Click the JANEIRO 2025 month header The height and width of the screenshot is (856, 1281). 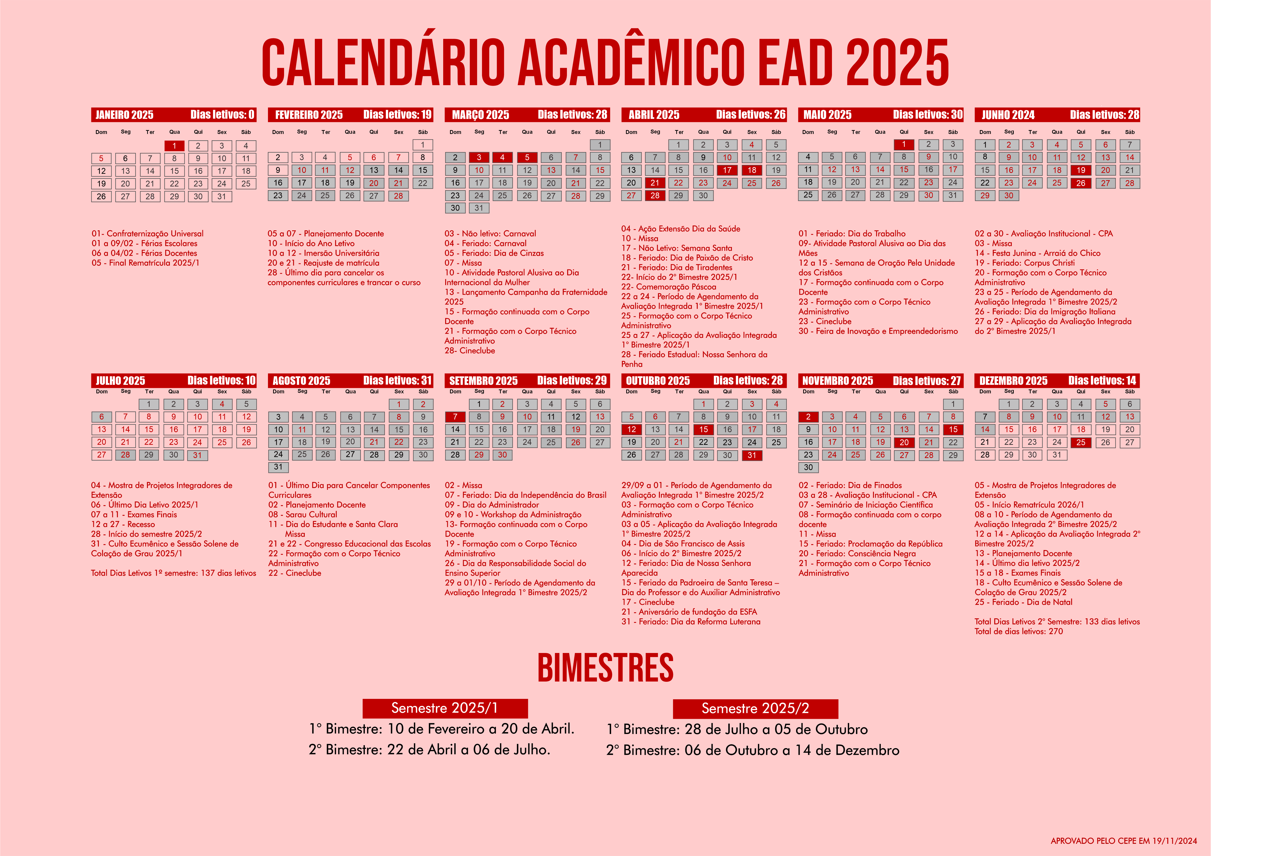(x=124, y=115)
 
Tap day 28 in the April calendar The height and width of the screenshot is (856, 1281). (x=655, y=195)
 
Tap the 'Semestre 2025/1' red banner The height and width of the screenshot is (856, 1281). (x=445, y=708)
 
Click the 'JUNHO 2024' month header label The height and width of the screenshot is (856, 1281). (x=1008, y=115)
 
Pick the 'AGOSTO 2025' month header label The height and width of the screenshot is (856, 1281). (x=301, y=380)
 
